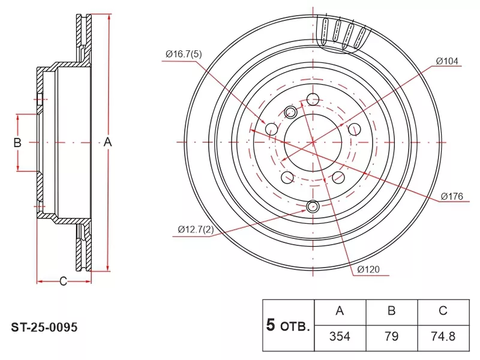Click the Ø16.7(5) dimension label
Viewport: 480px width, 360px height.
click(x=184, y=55)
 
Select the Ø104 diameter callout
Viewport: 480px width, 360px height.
click(x=447, y=61)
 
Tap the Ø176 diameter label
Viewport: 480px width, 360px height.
click(x=452, y=196)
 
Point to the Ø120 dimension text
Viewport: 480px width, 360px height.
click(x=368, y=269)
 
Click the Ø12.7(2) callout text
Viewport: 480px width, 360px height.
click(x=196, y=229)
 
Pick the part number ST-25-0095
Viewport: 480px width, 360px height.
click(x=44, y=328)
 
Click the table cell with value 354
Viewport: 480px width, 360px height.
click(x=340, y=337)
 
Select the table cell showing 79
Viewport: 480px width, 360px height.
click(x=392, y=337)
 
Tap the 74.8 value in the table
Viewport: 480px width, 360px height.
click(x=443, y=337)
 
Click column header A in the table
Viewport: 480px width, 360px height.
click(x=340, y=311)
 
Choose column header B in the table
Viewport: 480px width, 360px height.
click(x=392, y=311)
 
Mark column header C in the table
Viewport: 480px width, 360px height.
click(x=443, y=311)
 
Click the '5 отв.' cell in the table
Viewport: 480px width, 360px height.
click(x=289, y=325)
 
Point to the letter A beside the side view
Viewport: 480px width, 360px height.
click(x=107, y=142)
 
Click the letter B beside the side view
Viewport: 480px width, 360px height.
click(x=17, y=142)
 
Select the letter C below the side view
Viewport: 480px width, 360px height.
click(x=63, y=281)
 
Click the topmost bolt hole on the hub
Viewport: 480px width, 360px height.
click(x=313, y=99)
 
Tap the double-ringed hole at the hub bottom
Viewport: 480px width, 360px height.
click(x=313, y=206)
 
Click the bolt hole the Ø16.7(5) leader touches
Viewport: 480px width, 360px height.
click(x=271, y=128)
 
